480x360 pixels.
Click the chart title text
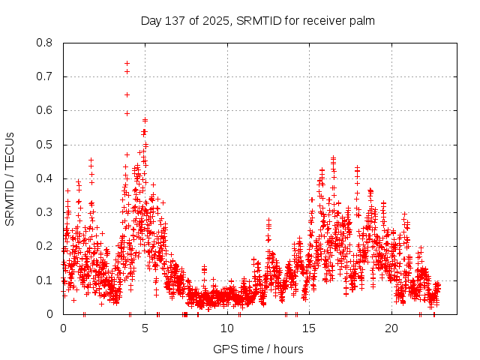coord(258,20)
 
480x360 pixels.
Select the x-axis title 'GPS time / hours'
coord(258,349)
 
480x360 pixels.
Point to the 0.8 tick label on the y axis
coord(46,43)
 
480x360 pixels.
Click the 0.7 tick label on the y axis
coord(46,76)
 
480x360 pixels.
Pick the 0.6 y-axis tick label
coord(46,110)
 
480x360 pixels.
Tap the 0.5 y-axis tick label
coord(46,144)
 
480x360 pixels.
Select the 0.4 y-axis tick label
coord(46,178)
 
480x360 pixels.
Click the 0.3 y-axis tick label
coord(46,212)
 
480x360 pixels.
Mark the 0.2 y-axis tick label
coord(46,246)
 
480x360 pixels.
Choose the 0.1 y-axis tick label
coord(46,280)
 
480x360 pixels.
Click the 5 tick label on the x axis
coord(145,328)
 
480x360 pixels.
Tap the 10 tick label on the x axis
coord(227,328)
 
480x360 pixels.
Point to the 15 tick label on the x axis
coord(310,328)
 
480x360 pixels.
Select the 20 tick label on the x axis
coord(391,328)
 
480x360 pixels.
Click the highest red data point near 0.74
coord(127,63)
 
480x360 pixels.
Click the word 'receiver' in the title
coord(325,20)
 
